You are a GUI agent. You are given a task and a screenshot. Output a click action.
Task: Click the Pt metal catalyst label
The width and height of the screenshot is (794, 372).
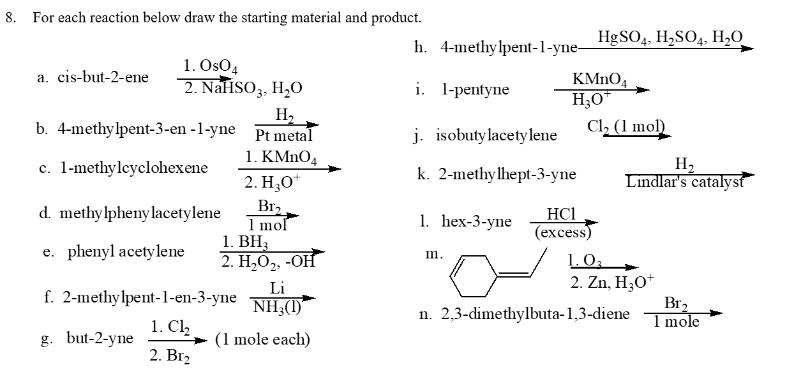coord(283,136)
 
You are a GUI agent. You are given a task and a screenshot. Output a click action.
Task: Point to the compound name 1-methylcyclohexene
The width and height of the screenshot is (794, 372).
coord(133,168)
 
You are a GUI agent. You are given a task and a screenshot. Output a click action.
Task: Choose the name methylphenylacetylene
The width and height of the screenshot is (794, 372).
coord(140,212)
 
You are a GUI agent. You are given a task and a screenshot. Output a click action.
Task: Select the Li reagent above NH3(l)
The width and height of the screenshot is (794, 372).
coord(276,288)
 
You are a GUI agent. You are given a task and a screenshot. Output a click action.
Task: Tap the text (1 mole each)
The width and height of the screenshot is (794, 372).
coord(262,339)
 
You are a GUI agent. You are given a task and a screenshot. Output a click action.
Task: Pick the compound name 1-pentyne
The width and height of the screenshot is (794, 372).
coord(475,89)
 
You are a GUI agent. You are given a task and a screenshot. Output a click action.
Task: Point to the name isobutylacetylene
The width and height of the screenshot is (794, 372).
coord(496,135)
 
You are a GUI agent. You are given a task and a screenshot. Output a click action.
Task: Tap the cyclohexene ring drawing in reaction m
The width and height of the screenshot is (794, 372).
coord(474,275)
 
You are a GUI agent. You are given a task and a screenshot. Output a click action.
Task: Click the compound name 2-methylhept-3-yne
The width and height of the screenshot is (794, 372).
coord(507,174)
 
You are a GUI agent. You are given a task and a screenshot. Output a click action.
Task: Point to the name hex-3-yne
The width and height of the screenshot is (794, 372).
coord(476,221)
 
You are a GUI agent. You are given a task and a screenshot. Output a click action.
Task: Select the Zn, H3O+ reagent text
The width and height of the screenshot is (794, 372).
coord(611,283)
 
